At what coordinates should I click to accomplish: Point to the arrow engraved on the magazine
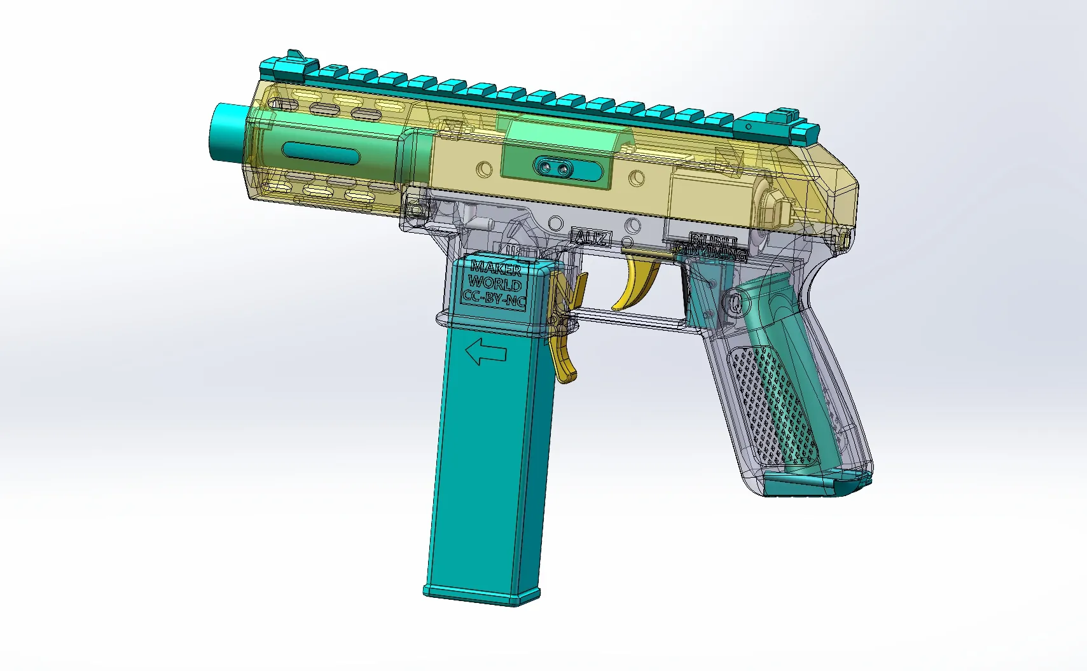[x=486, y=352]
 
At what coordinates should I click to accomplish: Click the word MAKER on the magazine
[x=496, y=268]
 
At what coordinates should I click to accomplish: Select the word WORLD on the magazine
[x=495, y=283]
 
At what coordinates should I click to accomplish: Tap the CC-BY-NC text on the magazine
[x=494, y=298]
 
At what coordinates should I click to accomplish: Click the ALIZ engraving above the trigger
[x=591, y=238]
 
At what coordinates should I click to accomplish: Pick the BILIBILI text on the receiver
[x=714, y=241]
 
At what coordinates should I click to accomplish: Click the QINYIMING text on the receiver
[x=711, y=254]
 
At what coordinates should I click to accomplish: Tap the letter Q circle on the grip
[x=736, y=303]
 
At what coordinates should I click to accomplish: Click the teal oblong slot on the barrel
[x=320, y=153]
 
